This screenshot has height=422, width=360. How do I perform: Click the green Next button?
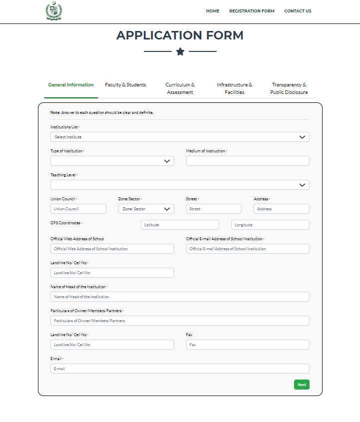click(x=302, y=385)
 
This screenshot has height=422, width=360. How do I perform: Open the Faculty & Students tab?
click(x=125, y=85)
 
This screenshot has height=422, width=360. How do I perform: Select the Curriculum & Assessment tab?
click(x=180, y=88)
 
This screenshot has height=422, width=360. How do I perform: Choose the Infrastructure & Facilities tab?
click(x=234, y=88)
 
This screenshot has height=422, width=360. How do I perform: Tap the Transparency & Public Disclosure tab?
click(x=289, y=88)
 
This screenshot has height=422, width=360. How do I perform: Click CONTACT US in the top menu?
click(x=298, y=11)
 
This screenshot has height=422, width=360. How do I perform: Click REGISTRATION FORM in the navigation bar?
click(x=252, y=11)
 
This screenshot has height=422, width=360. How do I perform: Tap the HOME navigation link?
click(x=213, y=11)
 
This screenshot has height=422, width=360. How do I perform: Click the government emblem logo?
click(x=52, y=11)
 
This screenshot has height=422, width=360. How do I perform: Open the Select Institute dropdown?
click(x=180, y=137)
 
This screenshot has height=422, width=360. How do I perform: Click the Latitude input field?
click(x=180, y=225)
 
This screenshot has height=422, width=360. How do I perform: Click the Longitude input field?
click(x=270, y=225)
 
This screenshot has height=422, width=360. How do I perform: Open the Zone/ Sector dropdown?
click(x=146, y=209)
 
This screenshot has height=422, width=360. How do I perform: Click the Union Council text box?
click(x=78, y=209)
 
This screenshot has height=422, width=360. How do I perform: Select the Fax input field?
click(x=248, y=345)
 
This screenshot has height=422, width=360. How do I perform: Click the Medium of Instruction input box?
click(x=248, y=161)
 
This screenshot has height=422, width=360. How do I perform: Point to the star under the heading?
click(x=180, y=51)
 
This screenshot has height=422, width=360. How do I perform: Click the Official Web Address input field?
click(x=112, y=249)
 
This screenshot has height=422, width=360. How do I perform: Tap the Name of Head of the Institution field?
click(x=180, y=297)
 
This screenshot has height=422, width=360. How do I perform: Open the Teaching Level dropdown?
click(x=180, y=185)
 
